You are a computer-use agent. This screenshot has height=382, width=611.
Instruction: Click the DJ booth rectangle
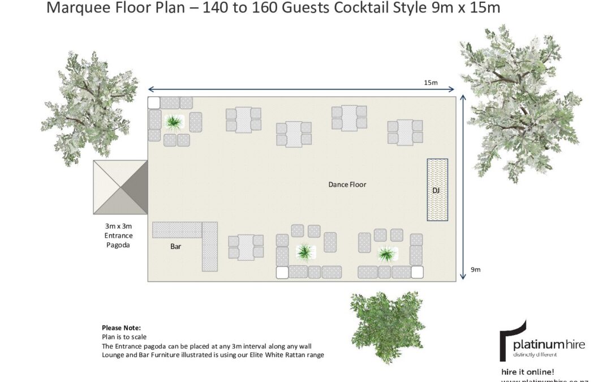tap(437, 190)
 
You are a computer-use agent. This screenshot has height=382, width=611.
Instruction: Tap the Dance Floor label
tap(347, 184)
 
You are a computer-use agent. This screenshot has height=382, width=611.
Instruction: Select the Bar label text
tap(175, 247)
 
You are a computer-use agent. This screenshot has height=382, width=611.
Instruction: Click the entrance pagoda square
tap(121, 187)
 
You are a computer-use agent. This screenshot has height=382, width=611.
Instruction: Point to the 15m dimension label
tap(431, 83)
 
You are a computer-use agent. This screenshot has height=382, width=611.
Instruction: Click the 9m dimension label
tap(475, 269)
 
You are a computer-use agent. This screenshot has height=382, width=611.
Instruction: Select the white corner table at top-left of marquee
tap(154, 102)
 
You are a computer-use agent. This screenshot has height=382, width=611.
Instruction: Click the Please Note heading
tap(121, 328)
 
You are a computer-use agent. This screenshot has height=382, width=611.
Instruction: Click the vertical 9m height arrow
tap(463, 187)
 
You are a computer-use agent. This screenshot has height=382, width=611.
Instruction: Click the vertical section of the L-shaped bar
tap(210, 247)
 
